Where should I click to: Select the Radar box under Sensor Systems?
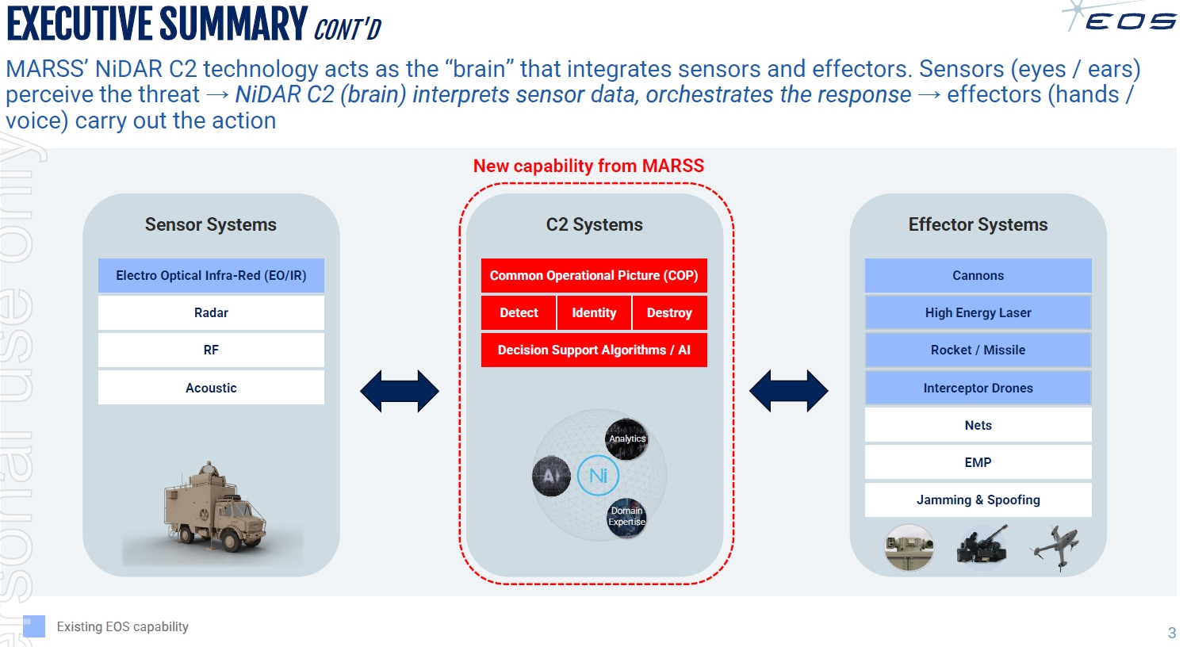[x=211, y=312]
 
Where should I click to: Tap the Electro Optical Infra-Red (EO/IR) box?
[x=211, y=276]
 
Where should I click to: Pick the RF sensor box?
[x=211, y=350]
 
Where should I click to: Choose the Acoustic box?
[x=211, y=388]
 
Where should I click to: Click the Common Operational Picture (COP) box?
[x=594, y=276]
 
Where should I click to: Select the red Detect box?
[x=519, y=312]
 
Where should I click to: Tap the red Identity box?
[x=594, y=312]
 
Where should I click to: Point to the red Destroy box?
[x=669, y=312]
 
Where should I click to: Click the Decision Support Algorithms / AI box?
[x=594, y=350]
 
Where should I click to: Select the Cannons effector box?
[x=978, y=276]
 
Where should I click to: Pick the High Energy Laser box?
[x=978, y=312]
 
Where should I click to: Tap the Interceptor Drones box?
[x=978, y=388]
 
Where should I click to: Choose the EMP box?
[x=978, y=462]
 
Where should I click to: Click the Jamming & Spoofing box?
[x=978, y=500]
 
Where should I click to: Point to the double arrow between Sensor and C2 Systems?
[x=400, y=391]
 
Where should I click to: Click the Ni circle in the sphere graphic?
[x=598, y=475]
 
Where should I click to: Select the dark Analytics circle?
[x=627, y=438]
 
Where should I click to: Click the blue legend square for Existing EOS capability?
[x=34, y=626]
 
